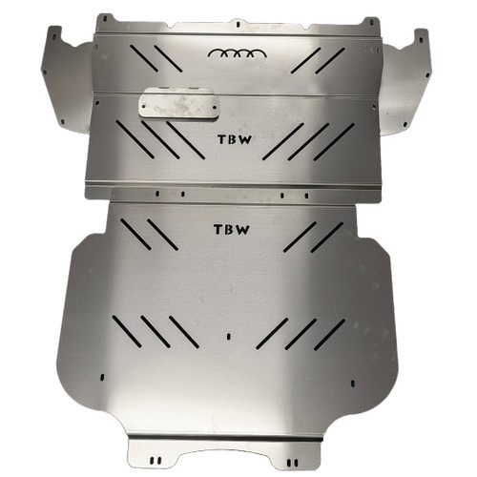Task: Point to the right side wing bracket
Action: [x=408, y=81]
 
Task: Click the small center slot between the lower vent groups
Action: [x=229, y=335]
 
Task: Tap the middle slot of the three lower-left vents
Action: [x=156, y=332]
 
